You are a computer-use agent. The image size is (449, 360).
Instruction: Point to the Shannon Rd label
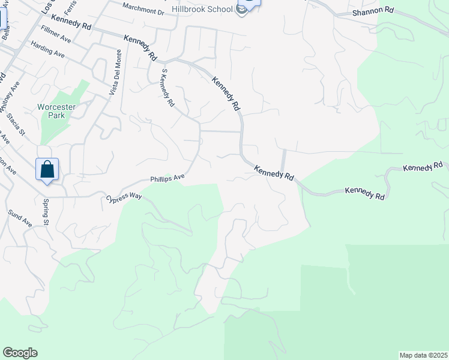[373, 11]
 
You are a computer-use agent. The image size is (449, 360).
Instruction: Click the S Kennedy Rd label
[167, 88]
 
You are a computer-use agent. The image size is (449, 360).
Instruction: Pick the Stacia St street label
[16, 126]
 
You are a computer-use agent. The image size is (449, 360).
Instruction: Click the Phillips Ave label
[167, 179]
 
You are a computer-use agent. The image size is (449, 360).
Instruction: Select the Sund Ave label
[20, 218]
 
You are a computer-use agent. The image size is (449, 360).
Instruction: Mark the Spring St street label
[46, 212]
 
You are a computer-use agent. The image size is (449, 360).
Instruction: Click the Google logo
[20, 353]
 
